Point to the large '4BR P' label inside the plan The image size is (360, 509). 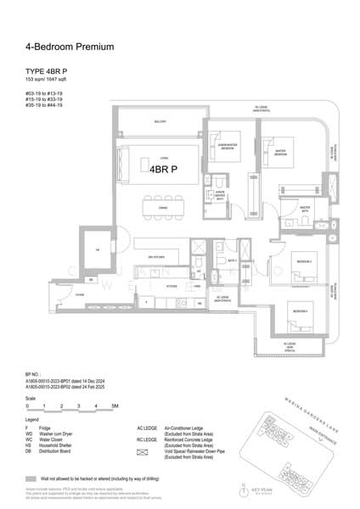pyautogui.click(x=162, y=169)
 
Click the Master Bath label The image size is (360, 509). pyautogui.click(x=305, y=207)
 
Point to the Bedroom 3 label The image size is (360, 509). pyautogui.click(x=302, y=261)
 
